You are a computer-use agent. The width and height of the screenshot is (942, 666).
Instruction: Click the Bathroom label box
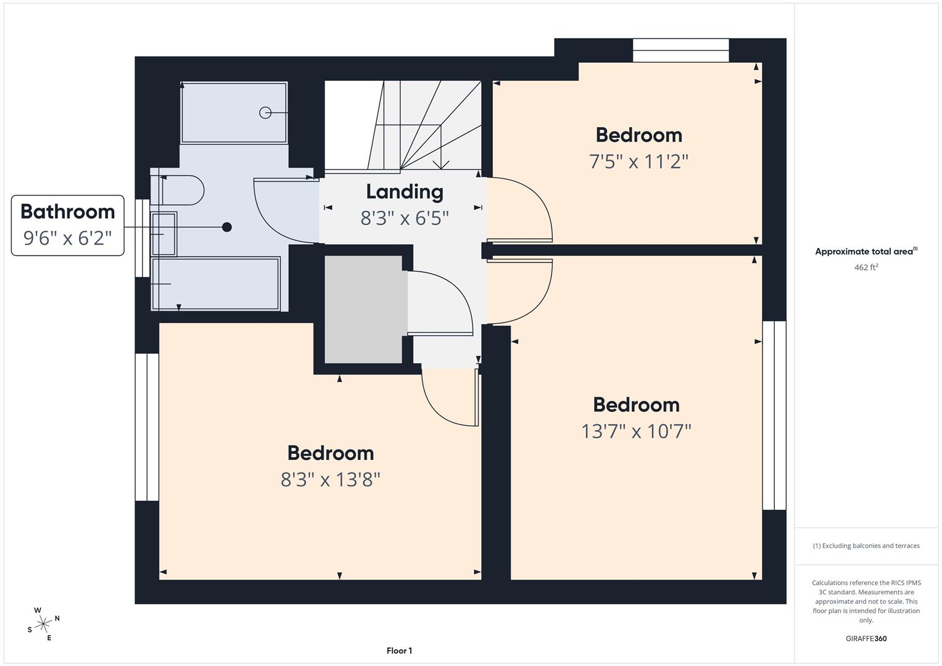click(68, 225)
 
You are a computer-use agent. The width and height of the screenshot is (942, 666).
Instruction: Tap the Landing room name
click(405, 192)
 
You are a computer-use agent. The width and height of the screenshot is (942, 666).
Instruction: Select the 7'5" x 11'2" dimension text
click(638, 162)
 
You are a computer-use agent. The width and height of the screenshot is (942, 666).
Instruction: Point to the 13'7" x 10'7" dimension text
click(636, 432)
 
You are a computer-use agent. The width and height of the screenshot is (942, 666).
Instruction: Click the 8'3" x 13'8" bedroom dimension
click(331, 480)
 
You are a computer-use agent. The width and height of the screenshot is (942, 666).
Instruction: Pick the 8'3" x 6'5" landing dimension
click(405, 218)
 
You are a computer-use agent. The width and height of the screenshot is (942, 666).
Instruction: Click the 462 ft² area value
click(866, 268)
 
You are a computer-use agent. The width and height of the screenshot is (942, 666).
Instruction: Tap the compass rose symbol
click(43, 624)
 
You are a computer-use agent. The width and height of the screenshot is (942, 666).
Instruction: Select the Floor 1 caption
click(400, 651)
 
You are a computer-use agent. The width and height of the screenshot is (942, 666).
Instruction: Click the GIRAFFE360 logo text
click(866, 639)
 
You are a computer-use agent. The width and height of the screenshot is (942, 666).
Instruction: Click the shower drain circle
click(265, 113)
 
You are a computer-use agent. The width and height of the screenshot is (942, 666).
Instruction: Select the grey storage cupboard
click(364, 310)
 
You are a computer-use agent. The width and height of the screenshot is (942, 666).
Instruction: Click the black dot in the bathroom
click(226, 227)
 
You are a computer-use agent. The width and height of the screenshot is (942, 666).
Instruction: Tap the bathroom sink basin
click(163, 234)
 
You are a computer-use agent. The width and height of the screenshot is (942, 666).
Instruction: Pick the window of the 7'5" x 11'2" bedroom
click(681, 51)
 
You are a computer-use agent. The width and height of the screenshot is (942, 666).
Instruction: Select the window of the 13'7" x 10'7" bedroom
click(774, 416)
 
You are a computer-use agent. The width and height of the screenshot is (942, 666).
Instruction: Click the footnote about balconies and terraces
click(866, 546)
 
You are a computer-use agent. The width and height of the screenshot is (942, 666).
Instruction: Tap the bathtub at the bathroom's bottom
click(216, 284)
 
